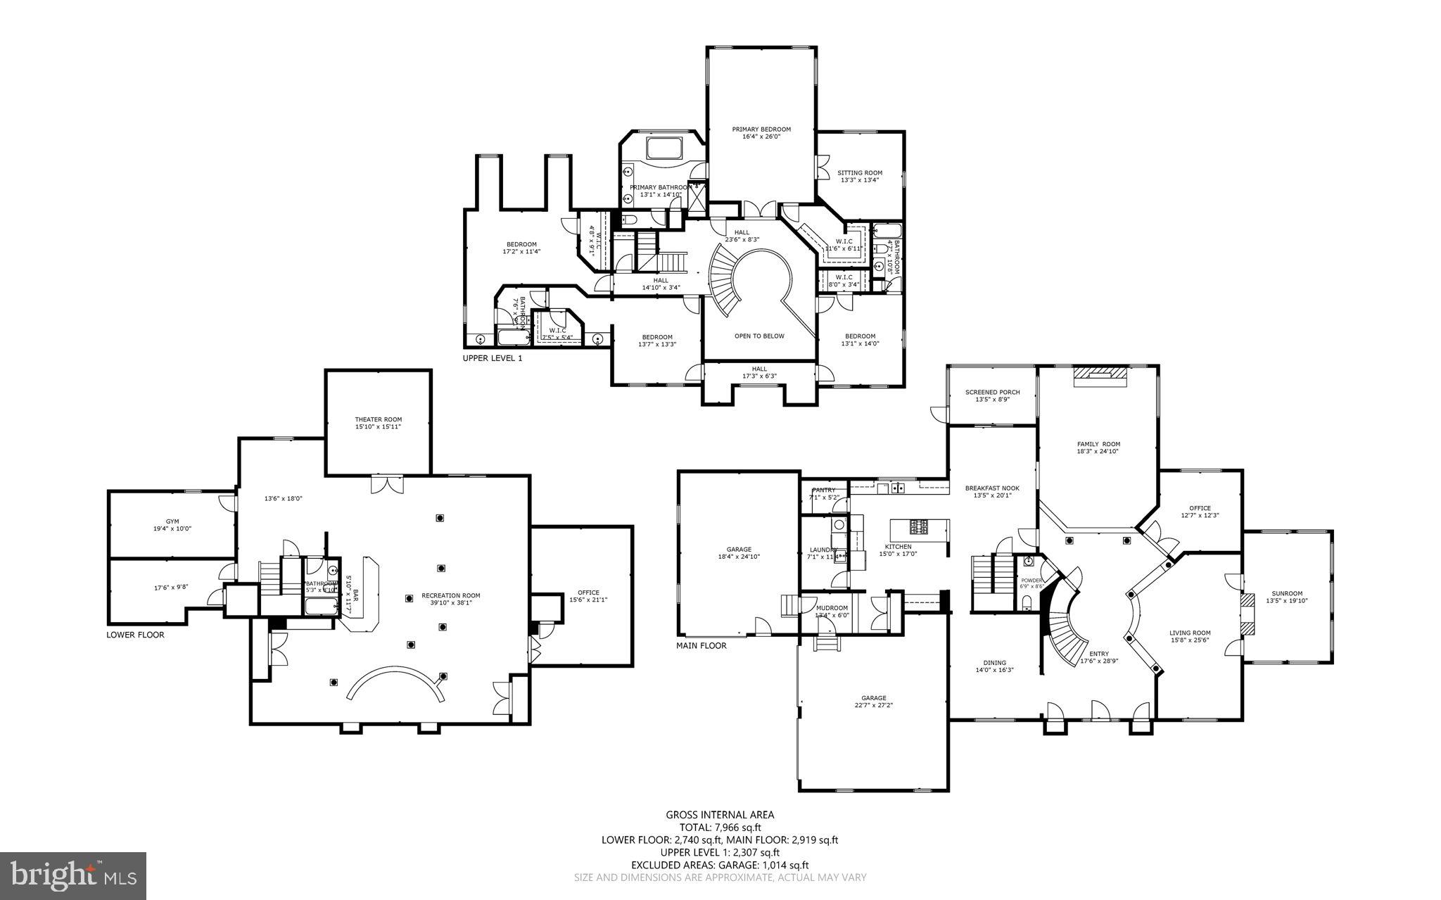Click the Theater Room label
(378, 419)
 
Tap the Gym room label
(172, 521)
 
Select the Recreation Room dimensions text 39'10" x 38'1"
(451, 602)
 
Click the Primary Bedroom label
(761, 129)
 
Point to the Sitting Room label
(859, 172)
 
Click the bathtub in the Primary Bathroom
(664, 149)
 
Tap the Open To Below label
(759, 336)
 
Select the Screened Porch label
(992, 392)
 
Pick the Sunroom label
(1284, 593)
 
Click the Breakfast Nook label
(991, 488)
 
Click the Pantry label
(823, 490)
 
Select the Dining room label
(994, 662)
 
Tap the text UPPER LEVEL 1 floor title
(493, 358)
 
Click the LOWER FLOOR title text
(135, 635)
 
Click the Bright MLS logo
(73, 875)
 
